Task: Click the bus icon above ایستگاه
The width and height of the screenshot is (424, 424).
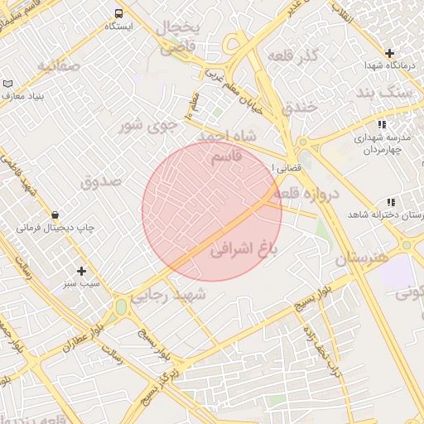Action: point(118,13)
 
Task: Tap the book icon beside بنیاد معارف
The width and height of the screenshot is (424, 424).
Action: point(8,84)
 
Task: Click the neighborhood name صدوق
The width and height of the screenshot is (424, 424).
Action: point(101,179)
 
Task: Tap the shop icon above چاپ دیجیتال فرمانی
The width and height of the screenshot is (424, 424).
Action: point(55,214)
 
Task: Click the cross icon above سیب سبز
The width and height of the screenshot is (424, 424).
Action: point(81,271)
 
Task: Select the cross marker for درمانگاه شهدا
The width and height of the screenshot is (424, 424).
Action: point(389,53)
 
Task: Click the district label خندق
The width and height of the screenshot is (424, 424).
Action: point(299,106)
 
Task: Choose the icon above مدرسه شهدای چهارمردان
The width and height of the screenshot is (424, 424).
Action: point(381,124)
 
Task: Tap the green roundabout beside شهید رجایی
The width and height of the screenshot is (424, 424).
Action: point(122,307)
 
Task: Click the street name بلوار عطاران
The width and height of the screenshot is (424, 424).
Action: point(84,336)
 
